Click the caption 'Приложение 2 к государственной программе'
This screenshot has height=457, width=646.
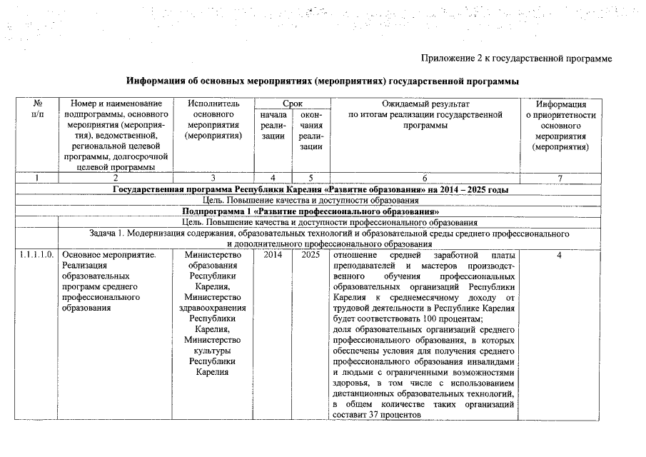click(517, 57)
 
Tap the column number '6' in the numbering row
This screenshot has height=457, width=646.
click(425, 178)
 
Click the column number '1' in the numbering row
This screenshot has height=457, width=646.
click(37, 178)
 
